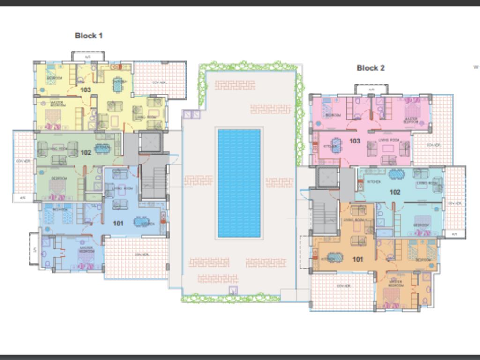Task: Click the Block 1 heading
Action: pos(89,36)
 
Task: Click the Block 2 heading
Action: pos(370,68)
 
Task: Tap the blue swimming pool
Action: pos(239,183)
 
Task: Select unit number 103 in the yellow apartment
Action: pos(85,90)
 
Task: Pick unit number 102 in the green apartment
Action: pos(85,152)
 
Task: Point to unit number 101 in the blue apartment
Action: pos(118,223)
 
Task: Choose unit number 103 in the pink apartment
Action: pos(355,141)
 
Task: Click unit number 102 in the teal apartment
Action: pos(395,192)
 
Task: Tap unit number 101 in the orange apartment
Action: pos(358,259)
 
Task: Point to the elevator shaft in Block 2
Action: pos(327,177)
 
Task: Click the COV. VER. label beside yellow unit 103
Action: pos(160,82)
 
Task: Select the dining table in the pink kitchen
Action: pos(337,143)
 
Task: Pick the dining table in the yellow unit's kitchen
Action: pos(118,85)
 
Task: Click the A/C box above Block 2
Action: pos(371,89)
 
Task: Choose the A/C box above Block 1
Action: pos(88,56)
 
